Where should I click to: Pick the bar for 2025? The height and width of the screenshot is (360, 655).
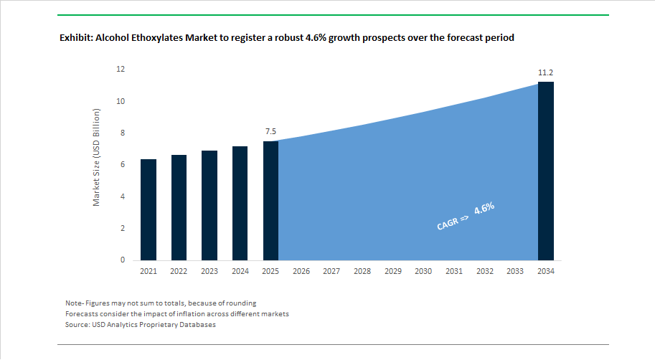pyautogui.click(x=270, y=200)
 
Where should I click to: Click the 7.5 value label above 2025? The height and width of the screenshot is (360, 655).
pyautogui.click(x=270, y=131)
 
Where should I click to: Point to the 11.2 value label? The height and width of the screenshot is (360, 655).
pyautogui.click(x=545, y=72)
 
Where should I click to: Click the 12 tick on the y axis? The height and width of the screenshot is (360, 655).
pyautogui.click(x=121, y=70)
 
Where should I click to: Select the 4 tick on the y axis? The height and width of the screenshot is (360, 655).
pyautogui.click(x=123, y=196)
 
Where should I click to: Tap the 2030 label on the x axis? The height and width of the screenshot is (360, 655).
pyautogui.click(x=423, y=272)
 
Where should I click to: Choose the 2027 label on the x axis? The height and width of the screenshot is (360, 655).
pyautogui.click(x=331, y=272)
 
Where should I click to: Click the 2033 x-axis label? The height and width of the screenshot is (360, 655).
pyautogui.click(x=514, y=272)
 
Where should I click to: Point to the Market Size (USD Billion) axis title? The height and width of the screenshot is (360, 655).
pyautogui.click(x=97, y=158)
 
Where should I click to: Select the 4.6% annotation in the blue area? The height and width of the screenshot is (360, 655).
pyautogui.click(x=484, y=210)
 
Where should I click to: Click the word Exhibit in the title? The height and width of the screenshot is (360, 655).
pyautogui.click(x=75, y=37)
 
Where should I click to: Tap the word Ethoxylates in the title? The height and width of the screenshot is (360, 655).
pyautogui.click(x=157, y=37)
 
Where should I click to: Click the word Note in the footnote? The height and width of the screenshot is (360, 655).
pyautogui.click(x=73, y=303)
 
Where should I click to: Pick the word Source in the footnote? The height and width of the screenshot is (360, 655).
pyautogui.click(x=77, y=325)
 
